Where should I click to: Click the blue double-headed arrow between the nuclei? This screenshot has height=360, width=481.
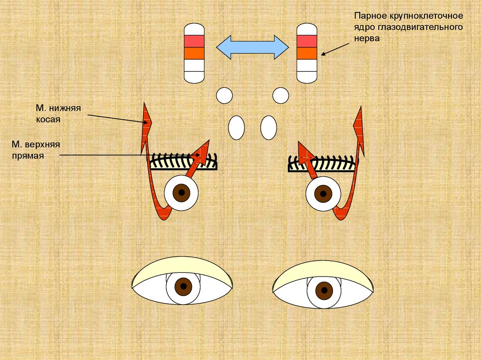pos(252,47)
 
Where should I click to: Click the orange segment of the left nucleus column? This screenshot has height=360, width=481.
pos(194,53)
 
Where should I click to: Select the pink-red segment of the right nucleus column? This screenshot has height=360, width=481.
pos(307,41)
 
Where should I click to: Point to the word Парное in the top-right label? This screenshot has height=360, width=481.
pos(369,17)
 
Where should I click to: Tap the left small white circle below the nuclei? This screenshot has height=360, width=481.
pos(225,95)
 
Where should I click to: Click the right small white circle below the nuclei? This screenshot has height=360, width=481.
pos(280,95)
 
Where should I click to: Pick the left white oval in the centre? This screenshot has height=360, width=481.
pos(236,127)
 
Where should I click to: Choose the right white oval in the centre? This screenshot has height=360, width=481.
pos(269,127)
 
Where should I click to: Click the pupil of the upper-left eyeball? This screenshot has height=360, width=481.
pos(181,192)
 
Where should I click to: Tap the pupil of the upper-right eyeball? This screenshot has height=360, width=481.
pos(323,192)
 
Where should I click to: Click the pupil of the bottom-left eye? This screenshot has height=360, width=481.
pos(183,286)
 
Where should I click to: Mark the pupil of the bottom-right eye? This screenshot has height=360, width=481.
pos(324,291)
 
